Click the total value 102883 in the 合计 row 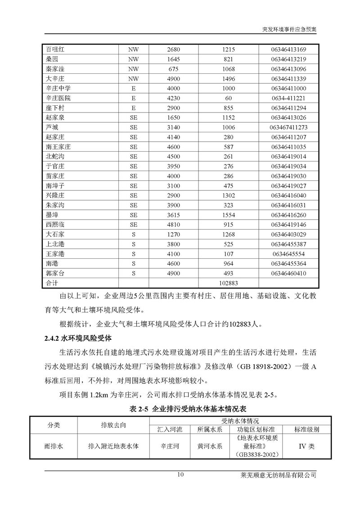pos(229,284)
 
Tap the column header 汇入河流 pos(170,429)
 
